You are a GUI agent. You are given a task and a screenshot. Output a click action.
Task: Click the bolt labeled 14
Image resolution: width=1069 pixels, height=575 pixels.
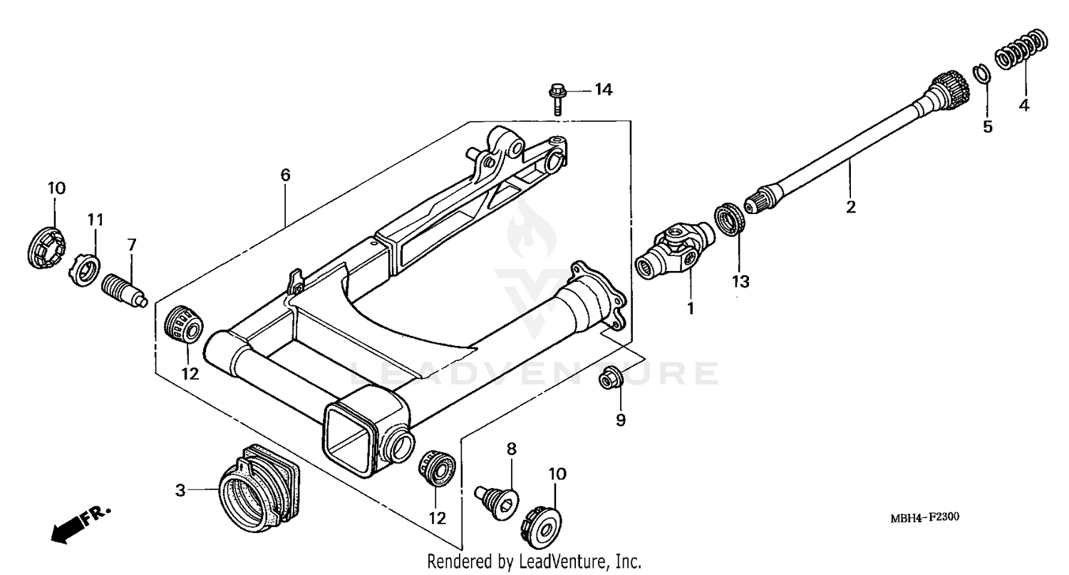(557, 98)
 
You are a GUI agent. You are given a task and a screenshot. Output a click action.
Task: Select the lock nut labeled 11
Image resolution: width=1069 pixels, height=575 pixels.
(84, 270)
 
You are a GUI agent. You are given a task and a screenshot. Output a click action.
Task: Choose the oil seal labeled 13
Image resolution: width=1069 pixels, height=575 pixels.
(730, 219)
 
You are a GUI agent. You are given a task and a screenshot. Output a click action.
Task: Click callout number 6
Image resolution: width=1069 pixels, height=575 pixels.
(285, 175)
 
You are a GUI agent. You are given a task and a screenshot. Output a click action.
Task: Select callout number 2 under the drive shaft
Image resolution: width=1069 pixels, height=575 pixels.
(850, 208)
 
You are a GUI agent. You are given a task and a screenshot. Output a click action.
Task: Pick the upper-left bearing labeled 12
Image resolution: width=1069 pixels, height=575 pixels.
(185, 325)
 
